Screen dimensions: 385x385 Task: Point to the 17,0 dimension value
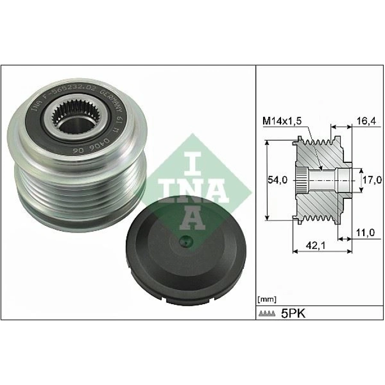click(372, 181)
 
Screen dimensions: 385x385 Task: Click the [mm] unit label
click(267, 299)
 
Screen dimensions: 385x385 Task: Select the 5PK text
click(293, 313)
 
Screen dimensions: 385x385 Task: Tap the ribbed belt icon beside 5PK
click(267, 314)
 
